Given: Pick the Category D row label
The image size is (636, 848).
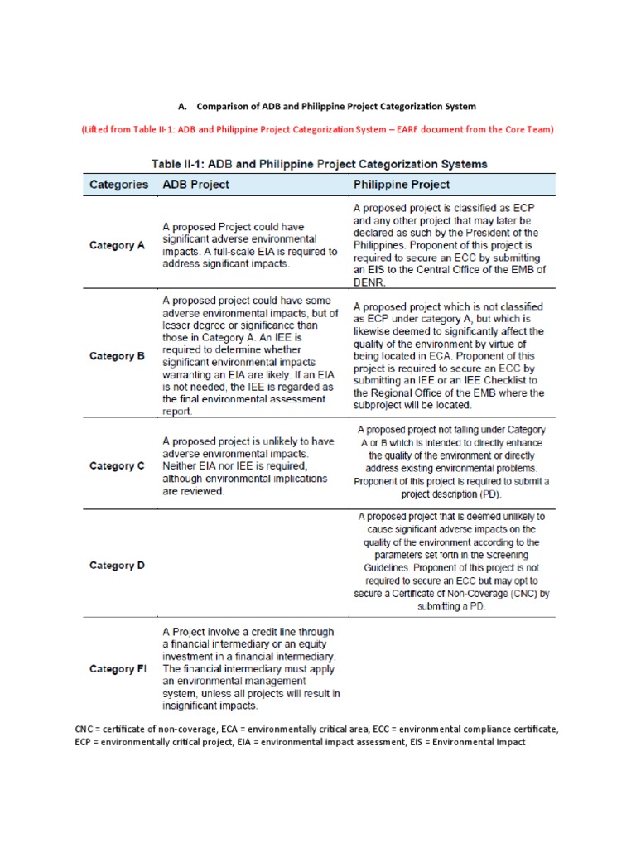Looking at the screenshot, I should tap(117, 566).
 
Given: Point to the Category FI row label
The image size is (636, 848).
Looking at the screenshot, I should tap(118, 669).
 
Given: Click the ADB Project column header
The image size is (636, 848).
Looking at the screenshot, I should tap(195, 184).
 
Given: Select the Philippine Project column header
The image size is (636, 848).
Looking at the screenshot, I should tap(402, 184).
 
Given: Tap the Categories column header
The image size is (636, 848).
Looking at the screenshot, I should tap(118, 184).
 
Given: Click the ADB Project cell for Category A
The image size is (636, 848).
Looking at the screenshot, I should tap(249, 245).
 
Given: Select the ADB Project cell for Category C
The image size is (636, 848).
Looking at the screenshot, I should tap(248, 466).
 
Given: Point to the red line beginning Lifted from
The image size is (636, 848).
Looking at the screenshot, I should tap(317, 129).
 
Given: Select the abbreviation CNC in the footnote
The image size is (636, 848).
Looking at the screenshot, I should tap(84, 729).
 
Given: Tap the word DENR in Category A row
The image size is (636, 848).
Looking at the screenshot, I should tap(369, 281).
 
